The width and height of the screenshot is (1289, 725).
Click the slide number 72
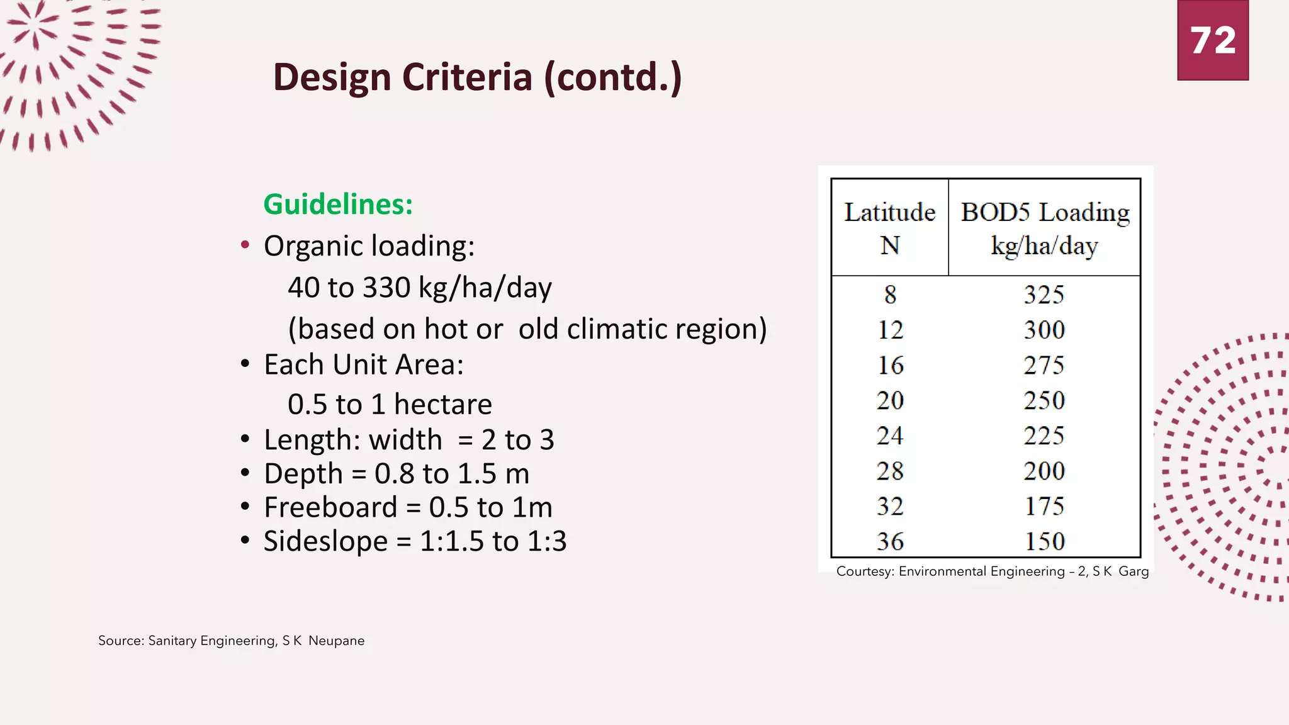coord(1213,41)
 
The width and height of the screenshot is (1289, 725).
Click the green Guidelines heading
coord(338,204)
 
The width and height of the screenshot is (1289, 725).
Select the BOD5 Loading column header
coord(1045,228)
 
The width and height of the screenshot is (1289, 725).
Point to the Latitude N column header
coord(889,228)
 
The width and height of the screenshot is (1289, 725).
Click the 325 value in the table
coord(1044,295)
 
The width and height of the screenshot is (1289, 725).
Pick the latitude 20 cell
coord(890,400)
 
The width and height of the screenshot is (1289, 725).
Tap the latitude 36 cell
coord(890,541)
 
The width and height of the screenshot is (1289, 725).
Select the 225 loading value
coord(1044,436)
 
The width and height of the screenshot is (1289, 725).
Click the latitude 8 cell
coord(890,295)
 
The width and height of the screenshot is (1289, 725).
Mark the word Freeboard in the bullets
coord(330,507)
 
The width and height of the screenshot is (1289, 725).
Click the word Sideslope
coord(325,541)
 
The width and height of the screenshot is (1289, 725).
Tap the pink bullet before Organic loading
coord(245,245)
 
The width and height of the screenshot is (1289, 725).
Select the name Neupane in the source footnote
coord(336,641)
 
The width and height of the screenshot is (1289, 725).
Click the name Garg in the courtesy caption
coord(1134,571)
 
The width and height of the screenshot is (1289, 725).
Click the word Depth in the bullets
coord(303,474)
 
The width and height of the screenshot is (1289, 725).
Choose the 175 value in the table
coord(1044,506)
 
